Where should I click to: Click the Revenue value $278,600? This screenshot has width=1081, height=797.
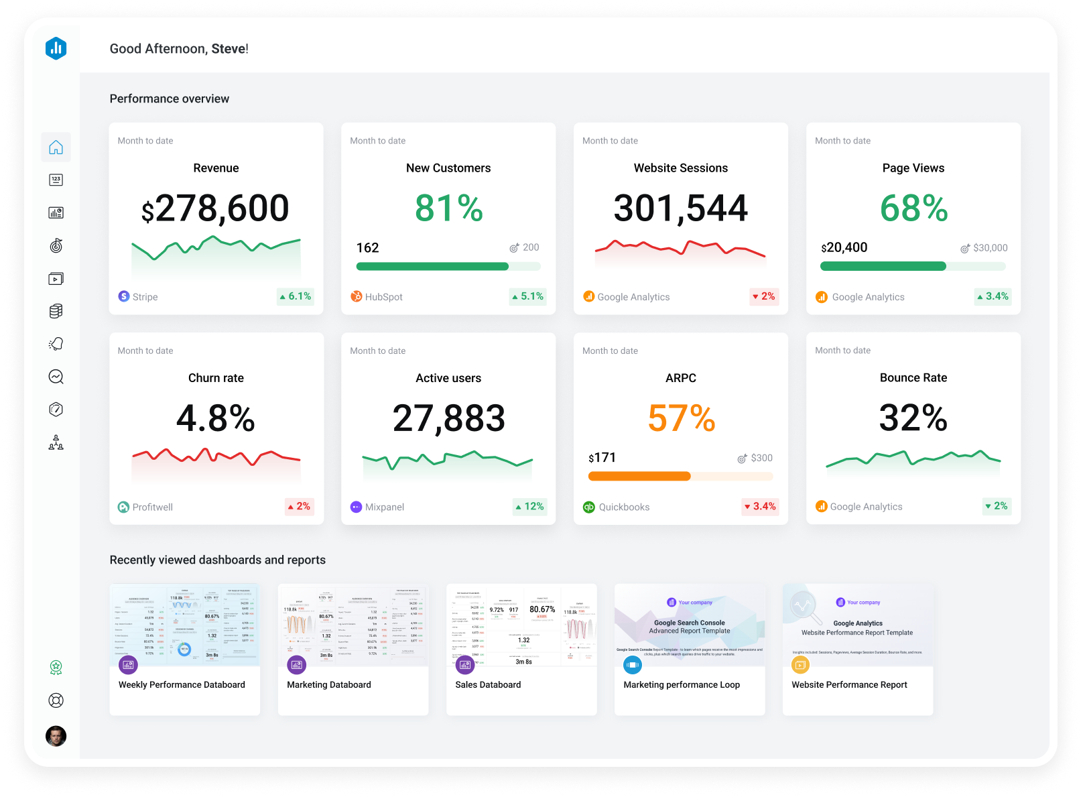click(215, 208)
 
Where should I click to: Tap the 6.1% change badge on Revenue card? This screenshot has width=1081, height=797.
click(296, 296)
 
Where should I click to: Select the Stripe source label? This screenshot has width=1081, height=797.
click(145, 297)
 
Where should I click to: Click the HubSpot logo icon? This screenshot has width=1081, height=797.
click(357, 296)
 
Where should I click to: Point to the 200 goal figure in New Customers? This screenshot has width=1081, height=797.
click(530, 247)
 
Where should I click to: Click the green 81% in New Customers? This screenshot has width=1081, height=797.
click(448, 208)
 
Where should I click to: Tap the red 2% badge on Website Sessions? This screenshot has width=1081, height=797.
click(763, 296)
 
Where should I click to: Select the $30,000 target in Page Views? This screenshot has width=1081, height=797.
click(990, 248)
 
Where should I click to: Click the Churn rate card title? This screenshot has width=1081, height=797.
click(216, 378)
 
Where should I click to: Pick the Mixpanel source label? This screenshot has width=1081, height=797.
click(384, 507)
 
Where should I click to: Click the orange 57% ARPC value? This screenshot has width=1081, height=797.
click(681, 418)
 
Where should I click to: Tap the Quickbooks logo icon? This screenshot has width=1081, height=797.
click(588, 507)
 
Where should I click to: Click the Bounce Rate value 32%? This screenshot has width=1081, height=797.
click(913, 418)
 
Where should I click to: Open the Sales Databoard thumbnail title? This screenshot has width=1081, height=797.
click(488, 684)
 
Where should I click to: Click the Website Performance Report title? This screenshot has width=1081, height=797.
click(849, 684)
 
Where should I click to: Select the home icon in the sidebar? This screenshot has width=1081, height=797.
click(56, 147)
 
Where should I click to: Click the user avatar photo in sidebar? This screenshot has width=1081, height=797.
click(56, 736)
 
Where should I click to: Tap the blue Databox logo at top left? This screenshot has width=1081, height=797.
click(56, 48)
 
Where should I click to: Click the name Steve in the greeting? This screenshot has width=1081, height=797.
click(228, 49)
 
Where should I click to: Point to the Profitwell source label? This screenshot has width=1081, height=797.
click(152, 507)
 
